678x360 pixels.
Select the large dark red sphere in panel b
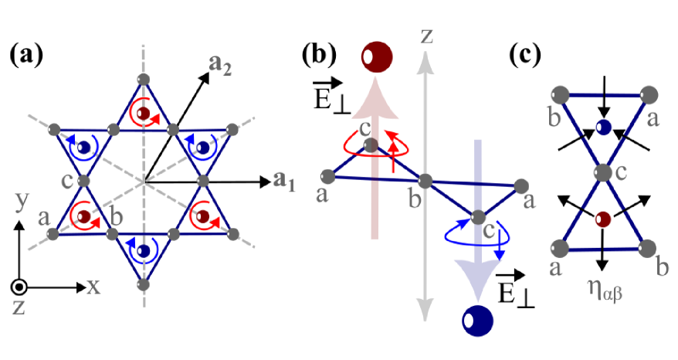377,56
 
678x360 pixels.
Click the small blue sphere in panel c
605,126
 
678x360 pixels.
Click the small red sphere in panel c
605,218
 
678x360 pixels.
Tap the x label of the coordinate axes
93,287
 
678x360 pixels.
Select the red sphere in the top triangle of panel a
142,114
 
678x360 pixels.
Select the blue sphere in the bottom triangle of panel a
144,251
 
